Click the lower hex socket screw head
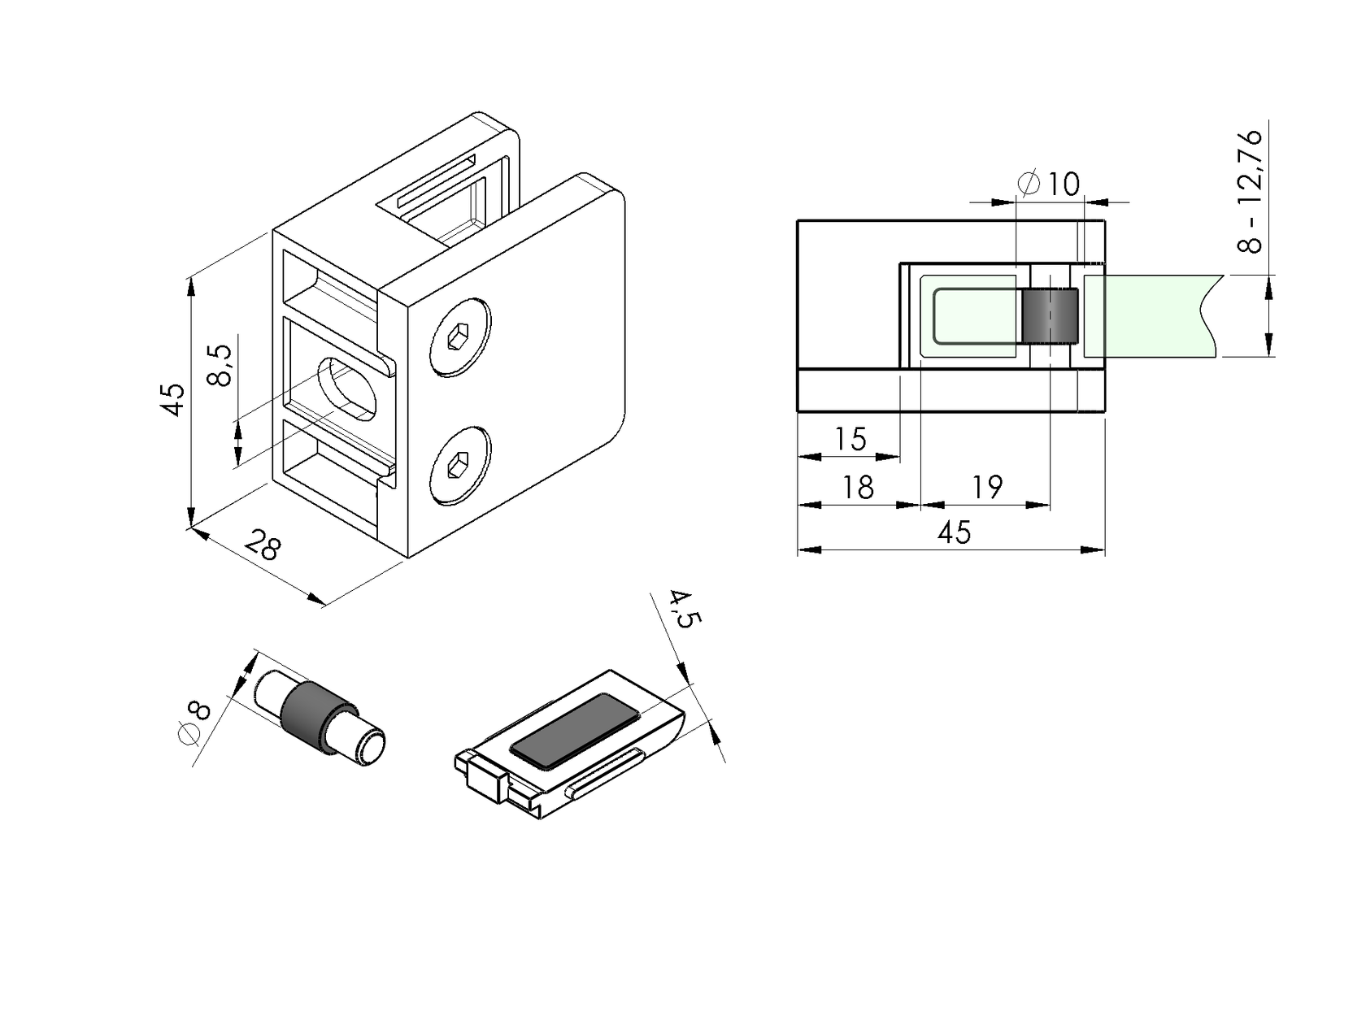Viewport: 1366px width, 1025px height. coord(459,467)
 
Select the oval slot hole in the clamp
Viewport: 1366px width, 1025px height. coord(348,389)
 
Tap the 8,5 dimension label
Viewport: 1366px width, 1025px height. coord(220,365)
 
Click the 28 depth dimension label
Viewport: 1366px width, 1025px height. coord(263,545)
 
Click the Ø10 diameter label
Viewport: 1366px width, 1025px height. coord(1050,185)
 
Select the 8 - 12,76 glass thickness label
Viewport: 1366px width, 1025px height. coord(1251,191)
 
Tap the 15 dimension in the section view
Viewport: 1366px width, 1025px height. coord(850,440)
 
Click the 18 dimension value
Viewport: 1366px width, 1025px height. coord(857,488)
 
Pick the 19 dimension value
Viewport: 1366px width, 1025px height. coord(986,488)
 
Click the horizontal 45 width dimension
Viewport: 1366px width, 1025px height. coord(953,533)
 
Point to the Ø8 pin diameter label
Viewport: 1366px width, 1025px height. coord(194,721)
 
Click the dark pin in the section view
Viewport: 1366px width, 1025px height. coord(1050,316)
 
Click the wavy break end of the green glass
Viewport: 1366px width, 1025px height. coord(1212,315)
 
